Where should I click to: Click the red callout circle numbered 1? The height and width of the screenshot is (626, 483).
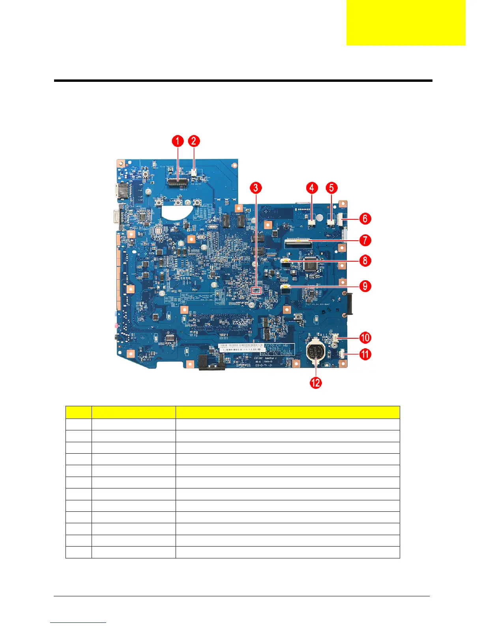[178, 141]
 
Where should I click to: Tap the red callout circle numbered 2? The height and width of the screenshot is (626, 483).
[194, 141]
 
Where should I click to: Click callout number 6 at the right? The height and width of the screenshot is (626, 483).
[365, 218]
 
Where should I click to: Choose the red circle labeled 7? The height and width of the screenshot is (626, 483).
[365, 239]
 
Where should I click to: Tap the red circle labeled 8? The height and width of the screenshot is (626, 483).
[365, 260]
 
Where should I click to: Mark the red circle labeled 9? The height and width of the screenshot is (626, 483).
[365, 286]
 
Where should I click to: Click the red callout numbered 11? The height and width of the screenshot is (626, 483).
[365, 354]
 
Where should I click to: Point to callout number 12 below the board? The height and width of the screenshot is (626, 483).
[316, 382]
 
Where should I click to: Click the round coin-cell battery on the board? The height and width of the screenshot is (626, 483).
[316, 351]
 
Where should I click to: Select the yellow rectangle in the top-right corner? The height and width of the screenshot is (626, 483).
[406, 23]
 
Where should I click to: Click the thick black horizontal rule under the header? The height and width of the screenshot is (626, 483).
[243, 81]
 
